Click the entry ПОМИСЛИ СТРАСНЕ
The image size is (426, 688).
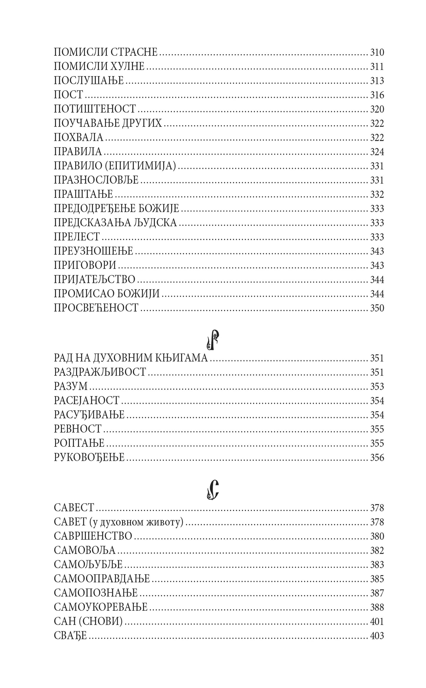click(x=106, y=52)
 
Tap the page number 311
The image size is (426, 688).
click(x=377, y=67)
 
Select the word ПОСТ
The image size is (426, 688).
click(x=68, y=95)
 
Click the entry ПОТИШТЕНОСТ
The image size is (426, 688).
click(x=95, y=109)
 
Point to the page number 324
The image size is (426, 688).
click(x=377, y=152)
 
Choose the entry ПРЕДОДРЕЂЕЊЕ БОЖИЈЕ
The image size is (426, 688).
click(x=116, y=209)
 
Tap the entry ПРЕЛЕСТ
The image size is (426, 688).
click(x=77, y=237)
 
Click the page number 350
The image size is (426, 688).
click(x=377, y=308)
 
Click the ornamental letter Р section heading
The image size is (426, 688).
click(x=213, y=340)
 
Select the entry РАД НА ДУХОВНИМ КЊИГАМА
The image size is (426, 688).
click(x=131, y=358)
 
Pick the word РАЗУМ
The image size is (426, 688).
click(x=71, y=386)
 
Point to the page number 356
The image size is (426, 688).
click(x=377, y=458)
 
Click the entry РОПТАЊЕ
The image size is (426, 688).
click(x=79, y=443)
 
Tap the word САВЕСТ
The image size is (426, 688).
click(x=74, y=508)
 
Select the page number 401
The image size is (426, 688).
click(x=377, y=622)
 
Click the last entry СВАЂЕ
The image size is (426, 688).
click(x=70, y=636)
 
